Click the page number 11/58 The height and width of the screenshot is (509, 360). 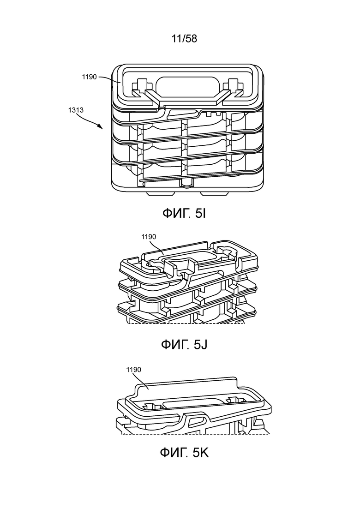click(x=184, y=39)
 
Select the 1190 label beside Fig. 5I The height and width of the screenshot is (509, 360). click(x=89, y=77)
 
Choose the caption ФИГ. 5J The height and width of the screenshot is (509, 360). click(x=184, y=344)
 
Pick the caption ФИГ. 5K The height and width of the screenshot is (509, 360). click(x=184, y=453)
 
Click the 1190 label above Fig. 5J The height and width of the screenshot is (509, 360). click(x=149, y=237)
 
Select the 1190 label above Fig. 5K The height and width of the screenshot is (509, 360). click(x=133, y=370)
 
